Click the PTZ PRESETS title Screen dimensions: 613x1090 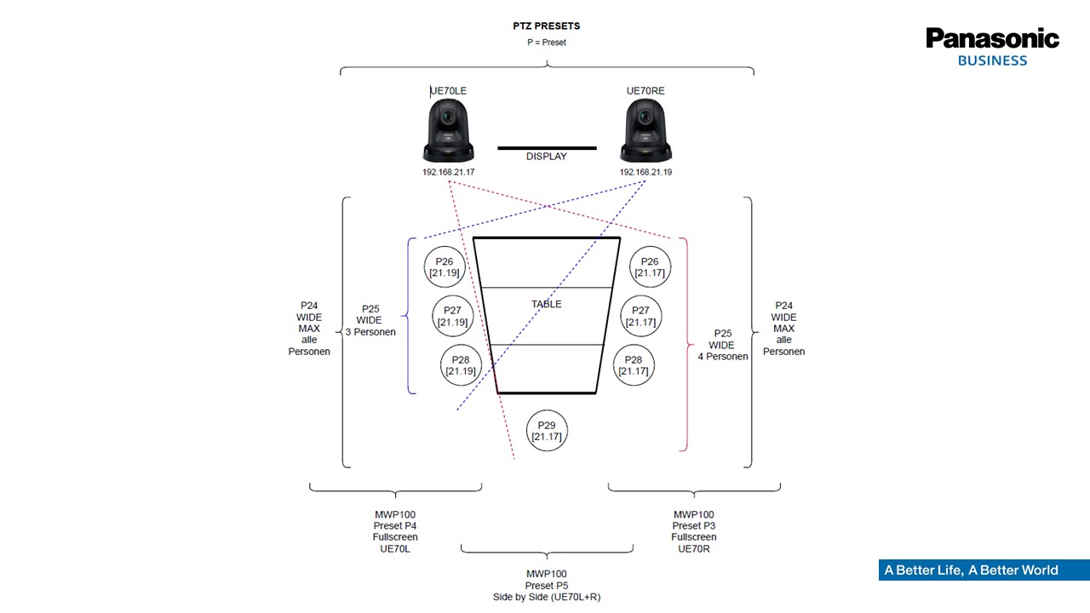546,26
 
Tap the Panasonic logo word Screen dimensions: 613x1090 992,38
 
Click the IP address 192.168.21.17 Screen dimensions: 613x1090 448,172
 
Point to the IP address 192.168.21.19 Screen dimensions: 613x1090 645,172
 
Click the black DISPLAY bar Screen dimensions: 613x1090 547,148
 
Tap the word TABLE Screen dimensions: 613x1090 546,304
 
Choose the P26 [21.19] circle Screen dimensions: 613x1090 445,267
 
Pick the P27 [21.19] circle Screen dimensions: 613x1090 452,316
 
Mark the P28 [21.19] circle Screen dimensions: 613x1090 461,365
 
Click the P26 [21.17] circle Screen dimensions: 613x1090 650,267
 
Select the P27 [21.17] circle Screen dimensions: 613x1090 640,316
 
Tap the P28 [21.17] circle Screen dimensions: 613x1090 634,365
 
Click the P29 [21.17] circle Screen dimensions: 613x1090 547,431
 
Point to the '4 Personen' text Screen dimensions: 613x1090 723,357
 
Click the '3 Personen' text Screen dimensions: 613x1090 370,332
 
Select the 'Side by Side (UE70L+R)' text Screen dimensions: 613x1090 547,597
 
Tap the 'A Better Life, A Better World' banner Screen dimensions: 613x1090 984,570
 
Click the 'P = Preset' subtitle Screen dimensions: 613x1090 546,43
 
